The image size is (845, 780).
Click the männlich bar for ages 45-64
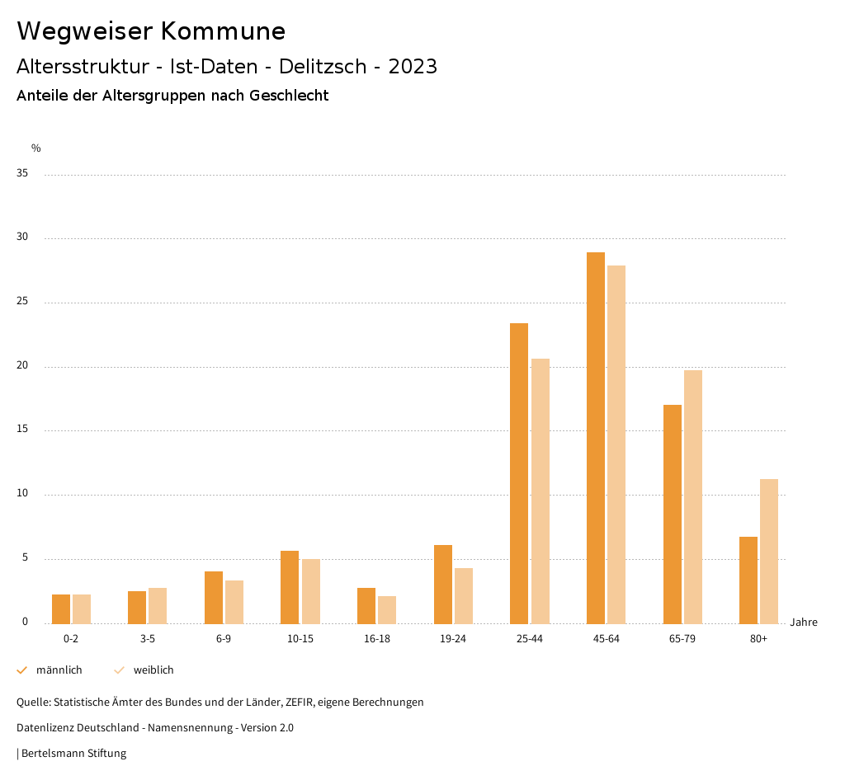596,438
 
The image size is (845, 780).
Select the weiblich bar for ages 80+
769,551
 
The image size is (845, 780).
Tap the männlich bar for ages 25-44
519,473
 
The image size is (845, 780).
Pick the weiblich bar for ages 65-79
693,496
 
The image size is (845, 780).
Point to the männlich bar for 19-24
443,584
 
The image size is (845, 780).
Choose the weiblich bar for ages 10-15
310,591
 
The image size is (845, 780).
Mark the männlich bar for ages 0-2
61,608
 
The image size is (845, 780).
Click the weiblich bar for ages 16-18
387,609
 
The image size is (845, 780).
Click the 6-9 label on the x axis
224,639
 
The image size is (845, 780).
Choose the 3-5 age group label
147,639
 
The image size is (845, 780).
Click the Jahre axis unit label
803,623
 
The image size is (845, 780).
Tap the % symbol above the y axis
36,148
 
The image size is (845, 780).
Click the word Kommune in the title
223,31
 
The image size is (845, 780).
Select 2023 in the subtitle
413,67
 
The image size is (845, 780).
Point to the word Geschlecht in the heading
289,96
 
